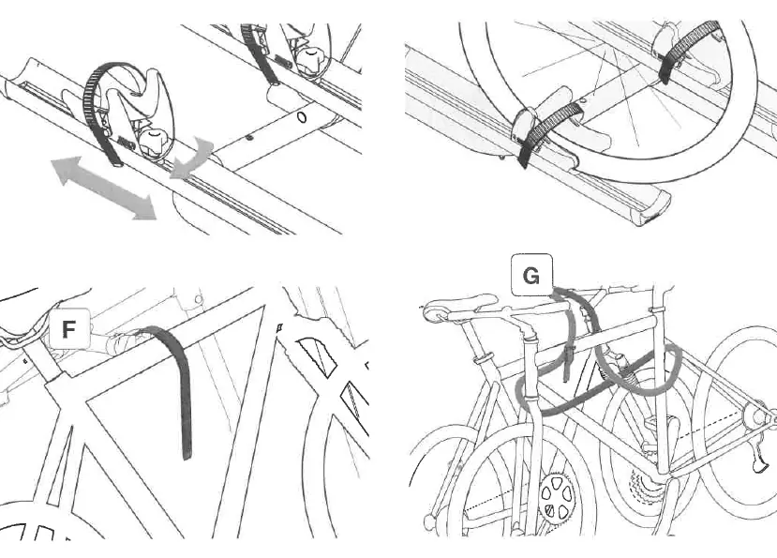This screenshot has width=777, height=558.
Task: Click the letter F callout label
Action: tap(69, 329)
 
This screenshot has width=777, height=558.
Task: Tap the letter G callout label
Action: tap(531, 275)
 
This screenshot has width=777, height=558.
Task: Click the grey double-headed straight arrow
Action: tap(104, 188)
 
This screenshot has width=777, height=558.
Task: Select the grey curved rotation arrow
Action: tap(192, 158)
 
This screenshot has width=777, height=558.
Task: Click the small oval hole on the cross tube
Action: tap(302, 117)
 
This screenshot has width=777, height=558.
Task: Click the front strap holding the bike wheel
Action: tap(547, 130)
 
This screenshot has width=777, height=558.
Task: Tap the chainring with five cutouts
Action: tap(556, 498)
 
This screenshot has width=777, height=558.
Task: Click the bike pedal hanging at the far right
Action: tap(758, 457)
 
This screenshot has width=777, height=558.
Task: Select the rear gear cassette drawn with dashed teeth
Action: tap(643, 492)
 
